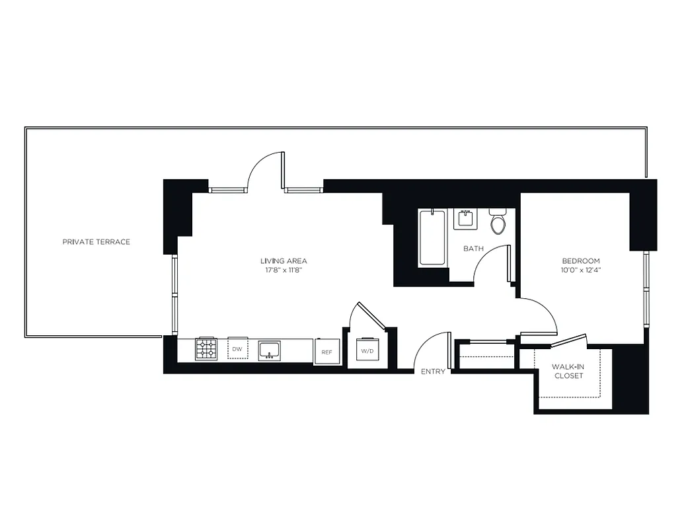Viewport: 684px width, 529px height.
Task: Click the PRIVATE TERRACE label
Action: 96,242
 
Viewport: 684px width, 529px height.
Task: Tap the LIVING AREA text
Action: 284,261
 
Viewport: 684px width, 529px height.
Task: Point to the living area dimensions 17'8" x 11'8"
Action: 284,270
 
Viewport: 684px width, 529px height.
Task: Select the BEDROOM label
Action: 581,261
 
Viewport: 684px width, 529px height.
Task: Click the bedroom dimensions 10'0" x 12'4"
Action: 581,270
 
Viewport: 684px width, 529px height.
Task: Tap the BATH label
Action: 473,249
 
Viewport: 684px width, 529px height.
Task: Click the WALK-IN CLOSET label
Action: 568,371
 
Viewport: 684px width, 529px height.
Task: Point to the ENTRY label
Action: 433,372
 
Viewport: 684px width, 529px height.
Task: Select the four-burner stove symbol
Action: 206,349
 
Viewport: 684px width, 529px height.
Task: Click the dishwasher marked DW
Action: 237,349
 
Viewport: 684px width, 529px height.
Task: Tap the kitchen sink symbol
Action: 269,349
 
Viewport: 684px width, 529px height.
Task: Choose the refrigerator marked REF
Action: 326,352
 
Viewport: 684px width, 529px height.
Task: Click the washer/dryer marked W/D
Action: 367,350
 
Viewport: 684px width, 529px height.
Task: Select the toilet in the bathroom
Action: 498,222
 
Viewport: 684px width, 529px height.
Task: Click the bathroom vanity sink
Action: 465,219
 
